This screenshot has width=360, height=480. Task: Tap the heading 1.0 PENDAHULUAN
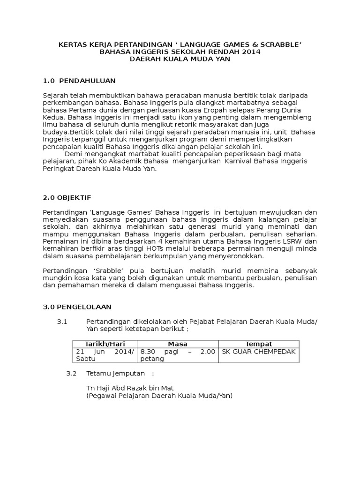pos(79,81)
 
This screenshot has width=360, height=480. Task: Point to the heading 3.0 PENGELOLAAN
pos(77,307)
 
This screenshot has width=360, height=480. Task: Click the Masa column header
pos(177,344)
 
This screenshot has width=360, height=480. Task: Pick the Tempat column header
pos(258,344)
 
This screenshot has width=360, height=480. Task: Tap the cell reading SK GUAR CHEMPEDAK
pos(258,352)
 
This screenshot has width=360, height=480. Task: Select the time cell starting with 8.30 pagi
pos(177,355)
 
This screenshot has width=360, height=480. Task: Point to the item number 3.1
pos(62,321)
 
